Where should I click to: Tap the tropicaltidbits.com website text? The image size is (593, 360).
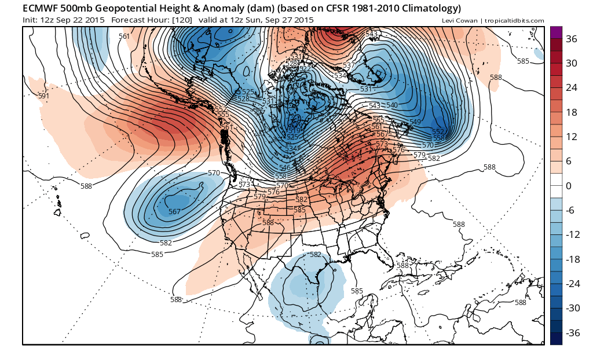[x=515, y=21]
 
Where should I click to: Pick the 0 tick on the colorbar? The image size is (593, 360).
[x=569, y=186]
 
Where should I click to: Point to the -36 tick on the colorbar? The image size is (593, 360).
[x=572, y=333]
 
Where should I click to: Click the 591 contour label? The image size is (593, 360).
[x=43, y=96]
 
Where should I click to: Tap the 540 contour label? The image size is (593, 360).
[x=391, y=105]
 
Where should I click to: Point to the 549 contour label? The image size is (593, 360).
[x=415, y=122]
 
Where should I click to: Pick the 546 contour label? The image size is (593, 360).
[x=284, y=167]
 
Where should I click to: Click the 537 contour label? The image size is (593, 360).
[x=349, y=65]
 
